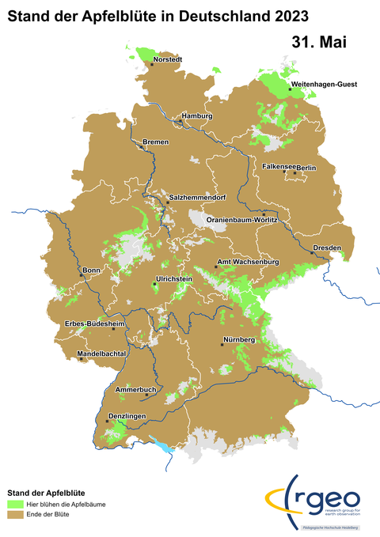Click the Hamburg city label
pos(198,116)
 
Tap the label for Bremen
pos(156,142)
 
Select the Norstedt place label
pos(169,59)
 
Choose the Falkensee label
pos(279,168)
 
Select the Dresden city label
pos(328,248)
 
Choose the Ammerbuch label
pos(136,391)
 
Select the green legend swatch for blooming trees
pos(14,503)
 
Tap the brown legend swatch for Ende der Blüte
pos(14,514)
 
